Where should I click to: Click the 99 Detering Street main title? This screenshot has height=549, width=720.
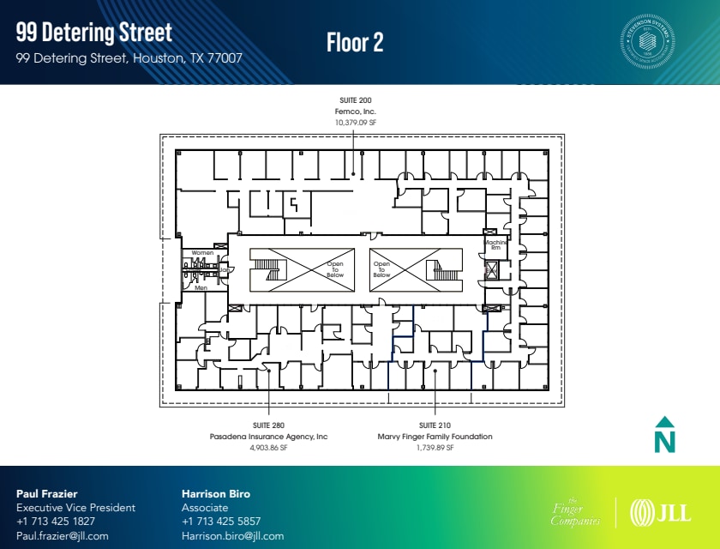[x=94, y=33]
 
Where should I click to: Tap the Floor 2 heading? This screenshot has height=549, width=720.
[x=355, y=42]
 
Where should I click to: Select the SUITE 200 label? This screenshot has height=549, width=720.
[x=355, y=100]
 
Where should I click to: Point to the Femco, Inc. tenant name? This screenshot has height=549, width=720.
[x=355, y=112]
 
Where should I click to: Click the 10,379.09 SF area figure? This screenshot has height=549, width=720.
[x=355, y=123]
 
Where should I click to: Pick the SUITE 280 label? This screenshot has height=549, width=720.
[x=269, y=425]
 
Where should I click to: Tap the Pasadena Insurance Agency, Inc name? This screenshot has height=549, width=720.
[x=269, y=437]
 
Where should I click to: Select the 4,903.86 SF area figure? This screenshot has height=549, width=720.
[x=269, y=448]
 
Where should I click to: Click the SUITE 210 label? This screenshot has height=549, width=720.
[x=435, y=425]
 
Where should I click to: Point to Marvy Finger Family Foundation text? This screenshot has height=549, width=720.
[x=435, y=437]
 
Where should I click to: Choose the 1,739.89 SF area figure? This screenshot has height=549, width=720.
[x=435, y=448]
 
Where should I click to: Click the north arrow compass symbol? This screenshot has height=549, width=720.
[x=665, y=434]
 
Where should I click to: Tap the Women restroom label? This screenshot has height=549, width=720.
[x=202, y=253]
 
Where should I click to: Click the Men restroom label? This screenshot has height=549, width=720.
[x=201, y=288]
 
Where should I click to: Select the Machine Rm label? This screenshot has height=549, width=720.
[x=495, y=244]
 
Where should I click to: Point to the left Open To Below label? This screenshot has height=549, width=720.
[x=335, y=269]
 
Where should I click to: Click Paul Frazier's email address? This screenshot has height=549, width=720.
[x=63, y=536]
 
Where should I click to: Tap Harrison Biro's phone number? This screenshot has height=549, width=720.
[x=221, y=522]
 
